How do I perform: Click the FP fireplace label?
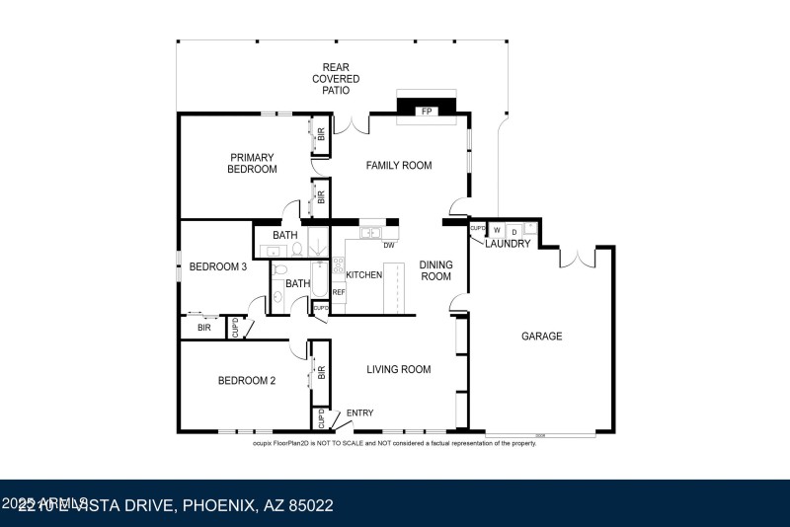[x=427, y=112]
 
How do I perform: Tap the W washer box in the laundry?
[x=497, y=230]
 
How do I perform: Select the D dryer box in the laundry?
[x=513, y=230]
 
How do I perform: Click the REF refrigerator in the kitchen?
[x=338, y=292]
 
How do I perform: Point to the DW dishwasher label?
[x=389, y=246]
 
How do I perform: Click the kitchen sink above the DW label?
[x=371, y=233]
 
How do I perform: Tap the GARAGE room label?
[x=541, y=337]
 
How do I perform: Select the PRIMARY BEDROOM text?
[x=253, y=163]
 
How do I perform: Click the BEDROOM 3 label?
[x=217, y=266]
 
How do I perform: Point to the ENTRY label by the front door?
[x=359, y=414]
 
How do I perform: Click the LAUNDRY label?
[x=508, y=244]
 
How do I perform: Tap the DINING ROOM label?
[x=435, y=270]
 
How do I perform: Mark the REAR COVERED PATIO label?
[x=336, y=78]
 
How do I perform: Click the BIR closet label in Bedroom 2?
[x=321, y=372]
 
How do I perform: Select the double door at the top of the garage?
[x=577, y=258]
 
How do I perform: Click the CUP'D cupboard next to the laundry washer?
[x=478, y=230]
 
